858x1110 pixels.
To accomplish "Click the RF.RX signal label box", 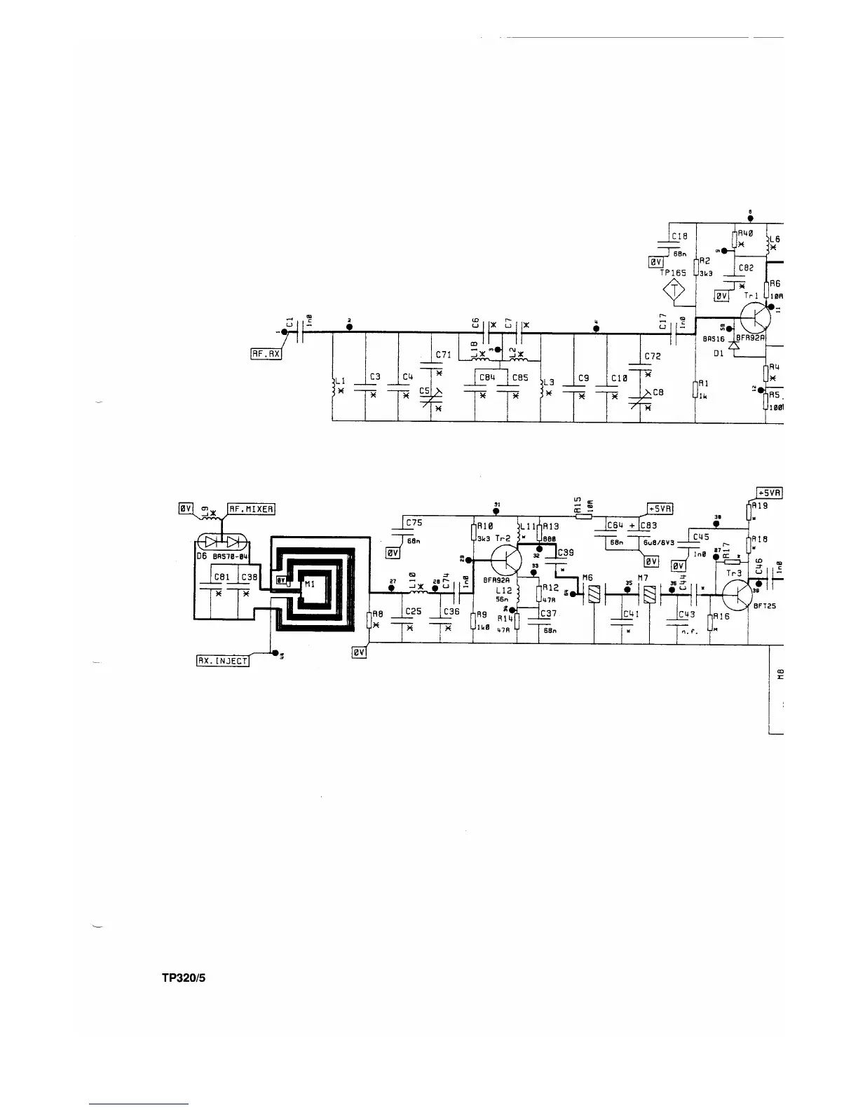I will click(266, 354).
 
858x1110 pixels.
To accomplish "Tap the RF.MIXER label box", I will click(251, 508).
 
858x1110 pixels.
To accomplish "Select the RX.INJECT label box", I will click(223, 660).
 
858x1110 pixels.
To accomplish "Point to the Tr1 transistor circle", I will click(756, 319).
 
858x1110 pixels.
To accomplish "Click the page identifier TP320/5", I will click(183, 980).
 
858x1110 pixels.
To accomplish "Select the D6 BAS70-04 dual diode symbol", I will click(222, 542).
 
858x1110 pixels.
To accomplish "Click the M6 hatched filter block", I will click(592, 595).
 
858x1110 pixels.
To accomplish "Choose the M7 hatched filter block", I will click(648, 595).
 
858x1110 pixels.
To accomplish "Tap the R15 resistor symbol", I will click(584, 516).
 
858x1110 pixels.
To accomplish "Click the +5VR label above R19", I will click(769, 493).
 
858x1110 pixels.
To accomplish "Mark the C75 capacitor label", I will click(414, 523).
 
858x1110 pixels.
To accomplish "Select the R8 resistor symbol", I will click(369, 620).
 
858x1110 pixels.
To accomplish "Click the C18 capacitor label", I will click(679, 237).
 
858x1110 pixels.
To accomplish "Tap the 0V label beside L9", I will click(185, 507).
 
